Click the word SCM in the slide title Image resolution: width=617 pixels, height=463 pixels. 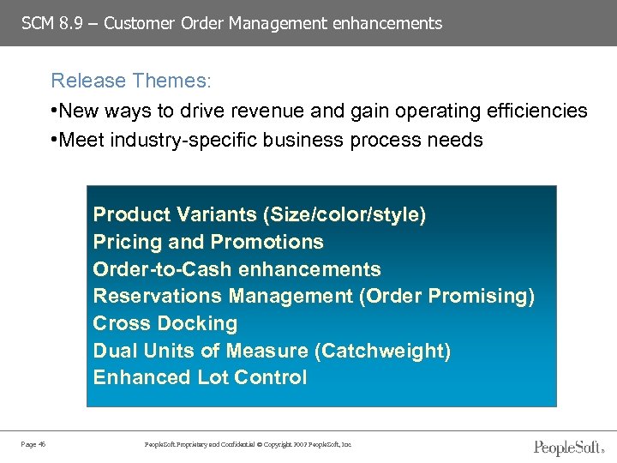click(37, 23)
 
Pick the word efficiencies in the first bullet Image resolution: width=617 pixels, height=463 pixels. click(536, 111)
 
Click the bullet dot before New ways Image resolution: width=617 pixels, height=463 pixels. click(55, 111)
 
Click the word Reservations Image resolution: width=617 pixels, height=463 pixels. click(158, 296)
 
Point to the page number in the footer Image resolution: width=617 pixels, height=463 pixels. click(33, 444)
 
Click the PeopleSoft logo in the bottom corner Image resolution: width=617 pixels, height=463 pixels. click(569, 446)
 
